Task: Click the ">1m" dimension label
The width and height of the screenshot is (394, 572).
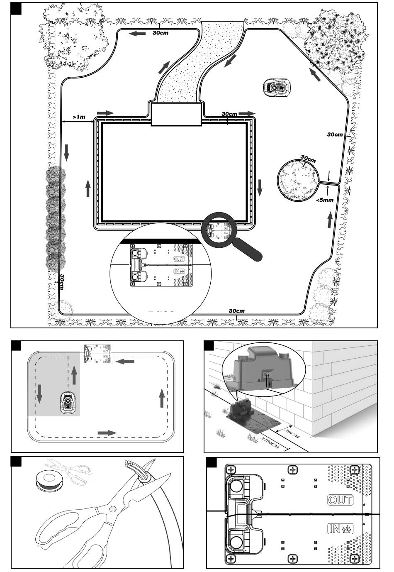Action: (x=79, y=117)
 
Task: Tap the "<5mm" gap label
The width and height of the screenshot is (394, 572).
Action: (x=325, y=200)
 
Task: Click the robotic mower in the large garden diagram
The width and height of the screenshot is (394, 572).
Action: (x=277, y=87)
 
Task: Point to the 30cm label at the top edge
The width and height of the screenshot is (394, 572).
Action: (x=161, y=33)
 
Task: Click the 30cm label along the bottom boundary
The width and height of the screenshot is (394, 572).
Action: (x=236, y=311)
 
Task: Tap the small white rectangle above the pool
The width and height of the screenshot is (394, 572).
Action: (x=176, y=114)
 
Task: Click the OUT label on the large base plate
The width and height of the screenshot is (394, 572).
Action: (x=340, y=500)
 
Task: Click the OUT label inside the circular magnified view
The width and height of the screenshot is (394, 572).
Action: (x=179, y=259)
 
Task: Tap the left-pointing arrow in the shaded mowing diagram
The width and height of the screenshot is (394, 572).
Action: (x=125, y=361)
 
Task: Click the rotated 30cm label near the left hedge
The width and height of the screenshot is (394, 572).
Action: (x=61, y=282)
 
